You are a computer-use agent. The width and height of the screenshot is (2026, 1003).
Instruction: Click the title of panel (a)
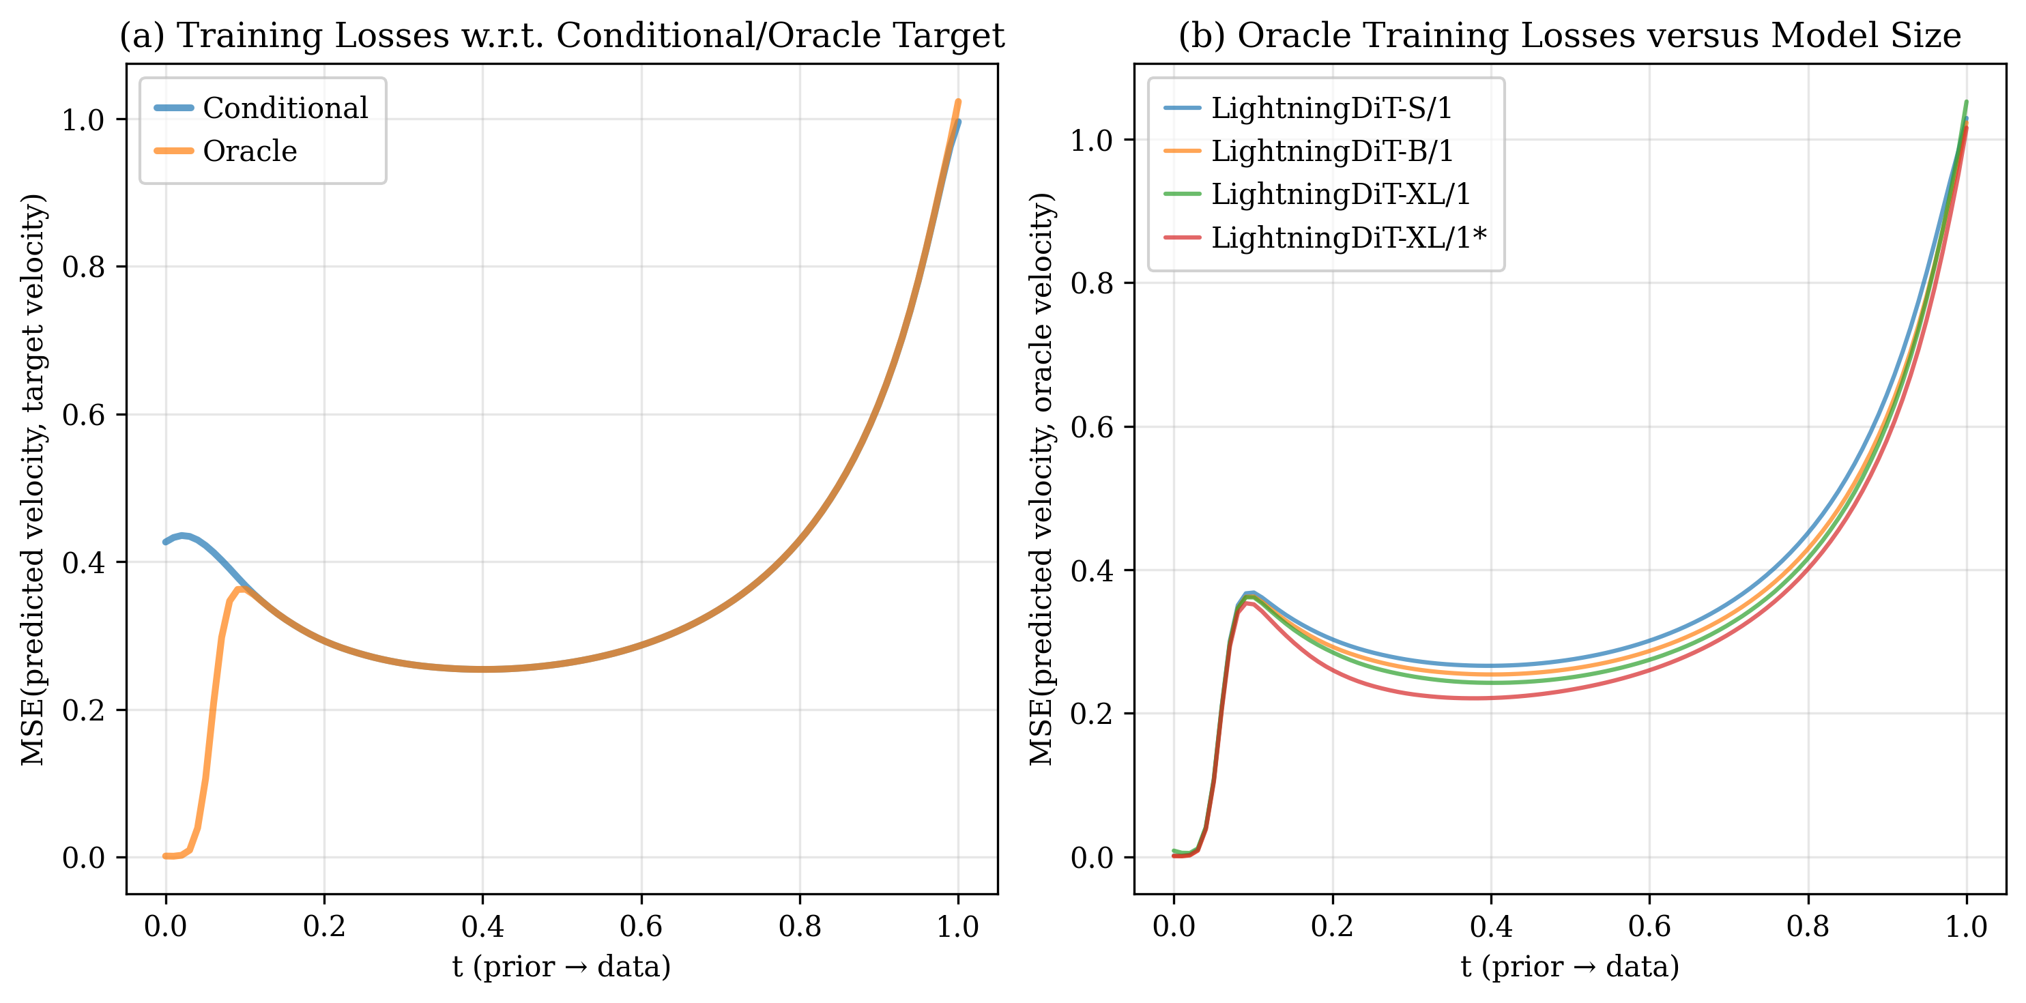[x=562, y=35]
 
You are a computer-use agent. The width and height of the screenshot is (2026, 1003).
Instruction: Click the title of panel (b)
[x=1569, y=35]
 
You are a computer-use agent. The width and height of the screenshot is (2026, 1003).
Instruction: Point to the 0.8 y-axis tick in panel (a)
[x=83, y=267]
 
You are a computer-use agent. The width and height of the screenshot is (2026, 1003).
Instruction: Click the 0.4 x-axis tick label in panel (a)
[x=482, y=927]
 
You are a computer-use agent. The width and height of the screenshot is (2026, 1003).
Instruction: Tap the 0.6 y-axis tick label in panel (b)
[x=1092, y=427]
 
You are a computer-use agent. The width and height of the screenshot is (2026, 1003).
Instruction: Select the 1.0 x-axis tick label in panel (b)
[x=1966, y=927]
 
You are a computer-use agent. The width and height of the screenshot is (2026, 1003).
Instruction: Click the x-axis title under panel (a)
[x=562, y=966]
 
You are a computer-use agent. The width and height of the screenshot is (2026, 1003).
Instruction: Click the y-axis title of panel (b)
[x=1041, y=478]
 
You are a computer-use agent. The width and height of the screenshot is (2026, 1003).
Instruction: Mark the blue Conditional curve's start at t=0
[x=165, y=542]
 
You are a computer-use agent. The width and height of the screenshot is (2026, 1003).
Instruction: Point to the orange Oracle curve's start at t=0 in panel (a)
[x=165, y=856]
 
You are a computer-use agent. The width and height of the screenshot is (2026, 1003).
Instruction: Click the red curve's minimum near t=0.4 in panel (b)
[x=1475, y=698]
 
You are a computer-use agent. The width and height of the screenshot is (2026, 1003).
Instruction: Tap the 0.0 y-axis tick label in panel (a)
[x=83, y=858]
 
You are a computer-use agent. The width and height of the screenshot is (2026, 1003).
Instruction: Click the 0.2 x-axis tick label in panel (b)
[x=1332, y=927]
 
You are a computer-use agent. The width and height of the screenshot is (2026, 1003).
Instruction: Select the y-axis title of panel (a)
[x=33, y=478]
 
